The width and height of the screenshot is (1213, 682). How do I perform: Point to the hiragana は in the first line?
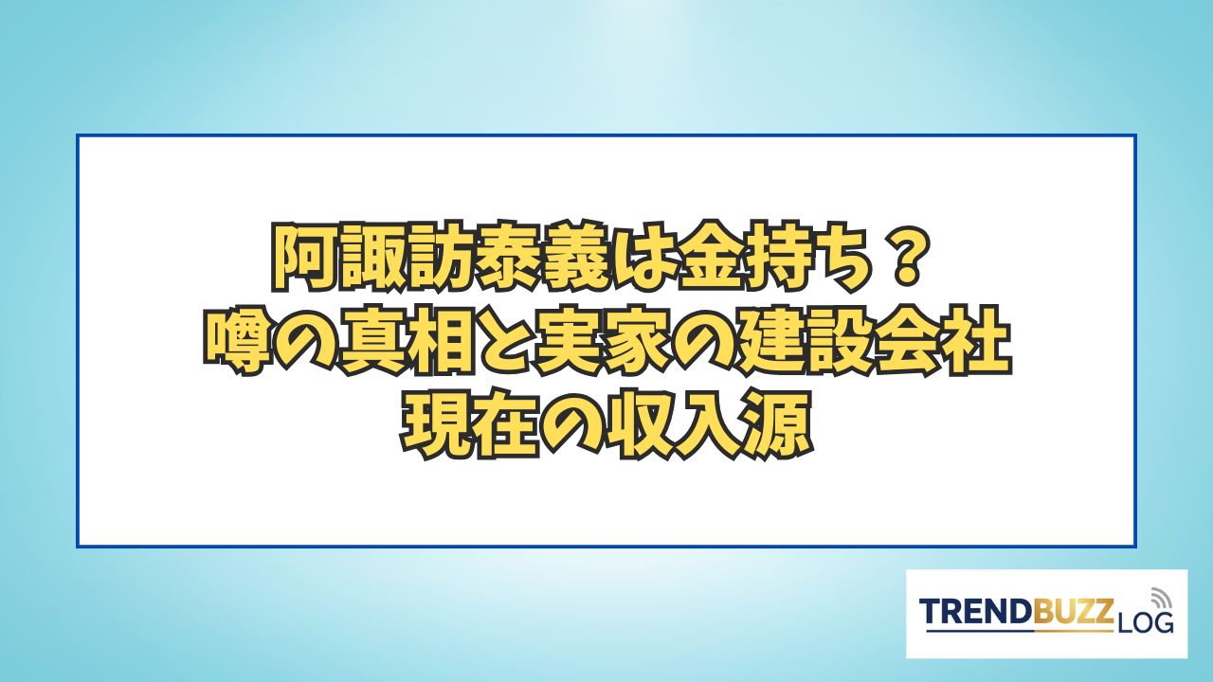click(615, 256)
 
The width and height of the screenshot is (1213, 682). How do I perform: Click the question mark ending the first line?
click(905, 255)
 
